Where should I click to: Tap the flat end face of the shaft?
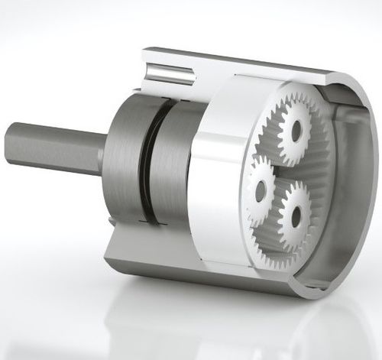(11, 143)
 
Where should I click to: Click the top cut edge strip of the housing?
(252, 61)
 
